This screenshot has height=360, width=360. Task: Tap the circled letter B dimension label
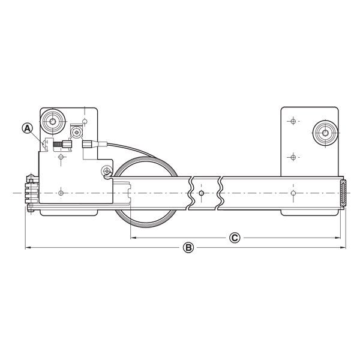click(x=188, y=247)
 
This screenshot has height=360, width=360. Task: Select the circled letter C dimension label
click(x=235, y=238)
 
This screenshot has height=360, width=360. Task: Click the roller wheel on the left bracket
click(x=53, y=122)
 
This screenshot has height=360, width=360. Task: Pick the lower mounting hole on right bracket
click(x=292, y=157)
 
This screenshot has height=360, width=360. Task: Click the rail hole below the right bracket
click(x=292, y=193)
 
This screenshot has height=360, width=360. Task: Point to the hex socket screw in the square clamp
click(x=76, y=131)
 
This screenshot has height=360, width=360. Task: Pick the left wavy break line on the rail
click(x=190, y=193)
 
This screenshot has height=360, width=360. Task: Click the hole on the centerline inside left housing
click(x=61, y=193)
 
